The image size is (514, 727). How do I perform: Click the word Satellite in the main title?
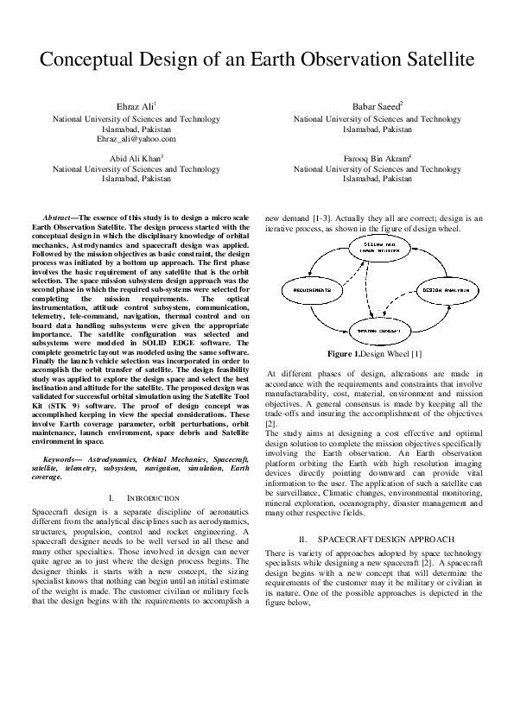431,60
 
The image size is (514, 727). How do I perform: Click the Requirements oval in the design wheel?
306,290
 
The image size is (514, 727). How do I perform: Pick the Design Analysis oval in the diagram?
443,290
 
